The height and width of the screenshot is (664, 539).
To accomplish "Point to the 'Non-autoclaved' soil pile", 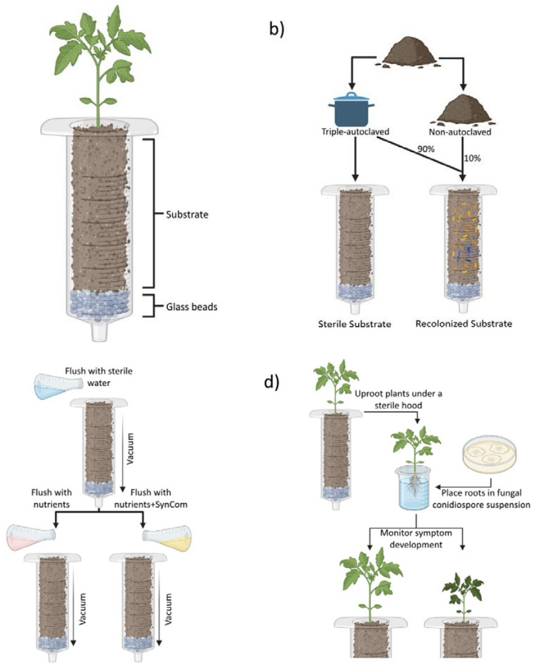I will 465,109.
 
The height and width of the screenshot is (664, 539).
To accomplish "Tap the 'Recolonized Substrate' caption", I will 464,323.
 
